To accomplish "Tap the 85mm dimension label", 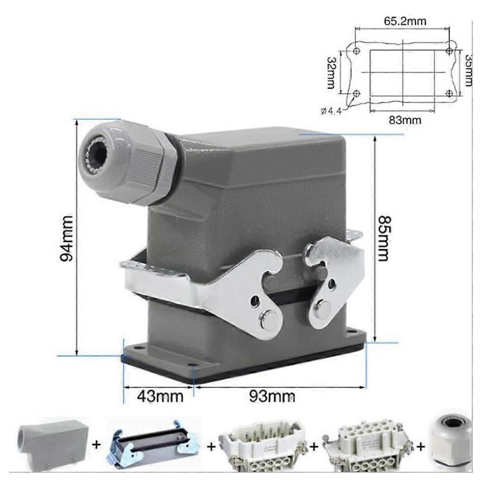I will tap(383, 238).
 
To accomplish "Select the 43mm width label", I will tap(161, 397).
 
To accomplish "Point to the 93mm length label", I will tap(272, 397).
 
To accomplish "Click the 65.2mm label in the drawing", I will tap(405, 21).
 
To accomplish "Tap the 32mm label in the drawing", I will tap(331, 72).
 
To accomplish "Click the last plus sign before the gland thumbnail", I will tap(421, 446).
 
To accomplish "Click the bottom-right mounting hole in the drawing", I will tap(449, 93).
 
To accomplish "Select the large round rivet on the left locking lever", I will tap(266, 319).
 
